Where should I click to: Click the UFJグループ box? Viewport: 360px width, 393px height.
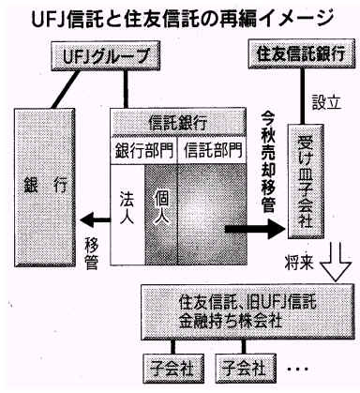coord(107,56)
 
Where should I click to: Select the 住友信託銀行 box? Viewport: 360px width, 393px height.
coord(302,53)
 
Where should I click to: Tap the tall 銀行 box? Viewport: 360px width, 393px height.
coord(45,188)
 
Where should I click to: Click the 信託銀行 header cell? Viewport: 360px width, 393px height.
coord(178,122)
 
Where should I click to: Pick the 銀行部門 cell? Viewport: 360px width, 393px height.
coord(144,150)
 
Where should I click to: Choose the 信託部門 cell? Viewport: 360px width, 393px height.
coord(212,150)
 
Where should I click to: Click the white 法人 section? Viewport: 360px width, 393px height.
coord(127,215)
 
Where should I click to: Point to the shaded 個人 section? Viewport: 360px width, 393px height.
coord(160,215)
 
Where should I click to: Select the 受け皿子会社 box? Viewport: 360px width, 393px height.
coord(306,182)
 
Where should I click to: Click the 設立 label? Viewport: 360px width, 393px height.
coord(326,101)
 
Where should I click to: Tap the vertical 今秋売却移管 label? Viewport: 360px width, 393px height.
coord(268,165)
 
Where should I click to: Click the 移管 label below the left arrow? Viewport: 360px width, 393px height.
coord(92,255)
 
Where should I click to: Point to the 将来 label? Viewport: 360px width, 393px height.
coord(299,261)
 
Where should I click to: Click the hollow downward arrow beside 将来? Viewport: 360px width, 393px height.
coord(337,261)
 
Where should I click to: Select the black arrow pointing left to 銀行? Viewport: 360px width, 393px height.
coord(96,219)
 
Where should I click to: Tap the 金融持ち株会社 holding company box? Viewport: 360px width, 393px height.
coord(247,311)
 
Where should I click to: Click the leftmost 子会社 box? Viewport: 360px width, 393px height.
coord(172,369)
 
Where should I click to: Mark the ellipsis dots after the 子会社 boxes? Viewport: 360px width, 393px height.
coord(298,369)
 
